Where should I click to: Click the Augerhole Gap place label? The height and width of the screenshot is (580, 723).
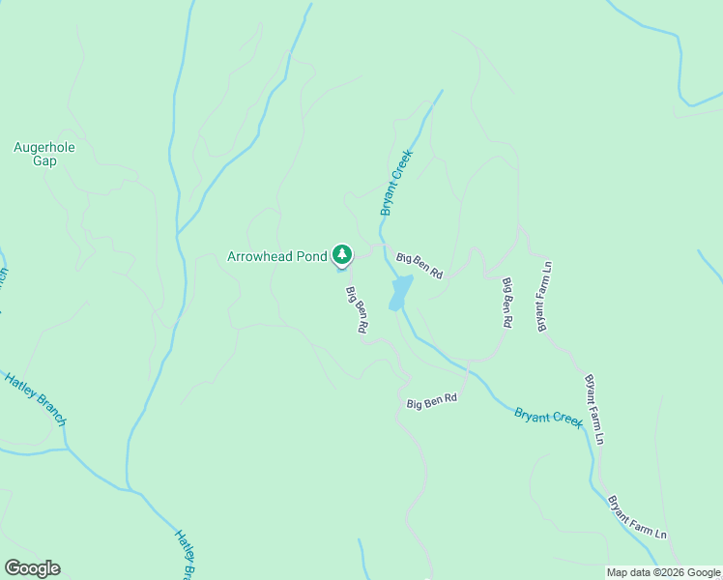click(x=44, y=155)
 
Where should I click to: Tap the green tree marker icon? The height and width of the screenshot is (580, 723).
click(x=342, y=255)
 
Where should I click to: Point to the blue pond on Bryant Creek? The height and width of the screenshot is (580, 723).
click(x=400, y=292)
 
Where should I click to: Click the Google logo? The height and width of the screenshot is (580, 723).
click(x=32, y=568)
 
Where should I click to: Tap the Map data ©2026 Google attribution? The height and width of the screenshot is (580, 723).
click(x=664, y=572)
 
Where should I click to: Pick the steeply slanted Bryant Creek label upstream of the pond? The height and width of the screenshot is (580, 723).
click(x=396, y=183)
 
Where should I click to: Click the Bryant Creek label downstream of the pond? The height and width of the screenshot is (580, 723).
click(x=549, y=417)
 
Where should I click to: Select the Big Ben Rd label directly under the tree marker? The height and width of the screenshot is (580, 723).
click(x=357, y=310)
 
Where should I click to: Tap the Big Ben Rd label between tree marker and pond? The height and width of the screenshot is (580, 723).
click(x=419, y=265)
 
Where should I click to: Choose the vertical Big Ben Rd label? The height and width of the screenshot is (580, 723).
click(x=506, y=304)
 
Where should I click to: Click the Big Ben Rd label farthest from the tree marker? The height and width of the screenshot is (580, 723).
click(x=431, y=400)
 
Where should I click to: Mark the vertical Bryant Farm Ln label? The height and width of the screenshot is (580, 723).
click(x=544, y=296)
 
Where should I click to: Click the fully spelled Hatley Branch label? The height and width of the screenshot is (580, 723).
click(x=35, y=398)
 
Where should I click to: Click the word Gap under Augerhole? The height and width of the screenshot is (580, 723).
click(x=44, y=161)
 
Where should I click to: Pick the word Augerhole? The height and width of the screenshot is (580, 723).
click(x=44, y=148)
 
